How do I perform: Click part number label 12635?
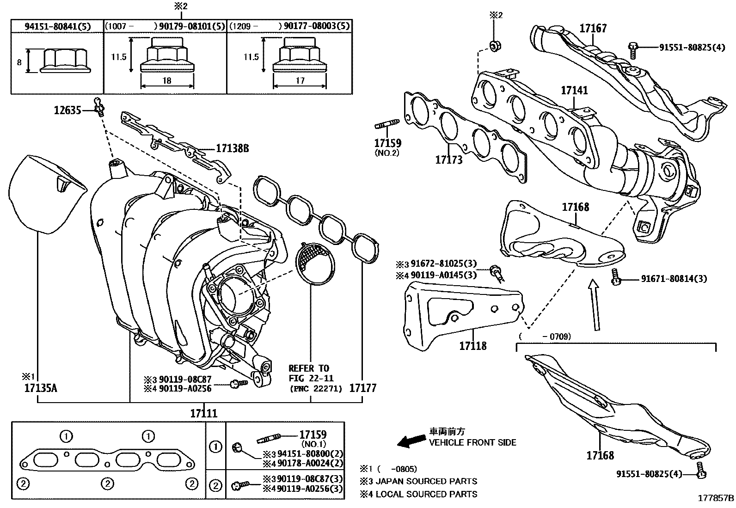[67, 110]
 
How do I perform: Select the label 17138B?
[232, 149]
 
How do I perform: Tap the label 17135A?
[40, 388]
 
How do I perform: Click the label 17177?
[362, 388]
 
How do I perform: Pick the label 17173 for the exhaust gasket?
[448, 160]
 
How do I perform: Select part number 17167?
[593, 29]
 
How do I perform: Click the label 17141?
[574, 90]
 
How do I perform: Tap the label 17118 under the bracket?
[473, 345]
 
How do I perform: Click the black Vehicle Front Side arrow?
[411, 441]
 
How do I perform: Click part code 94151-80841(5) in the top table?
[57, 26]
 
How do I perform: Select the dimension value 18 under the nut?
[167, 80]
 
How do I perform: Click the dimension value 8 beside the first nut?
[19, 62]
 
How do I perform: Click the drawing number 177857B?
[716, 498]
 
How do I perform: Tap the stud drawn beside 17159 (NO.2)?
[387, 124]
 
